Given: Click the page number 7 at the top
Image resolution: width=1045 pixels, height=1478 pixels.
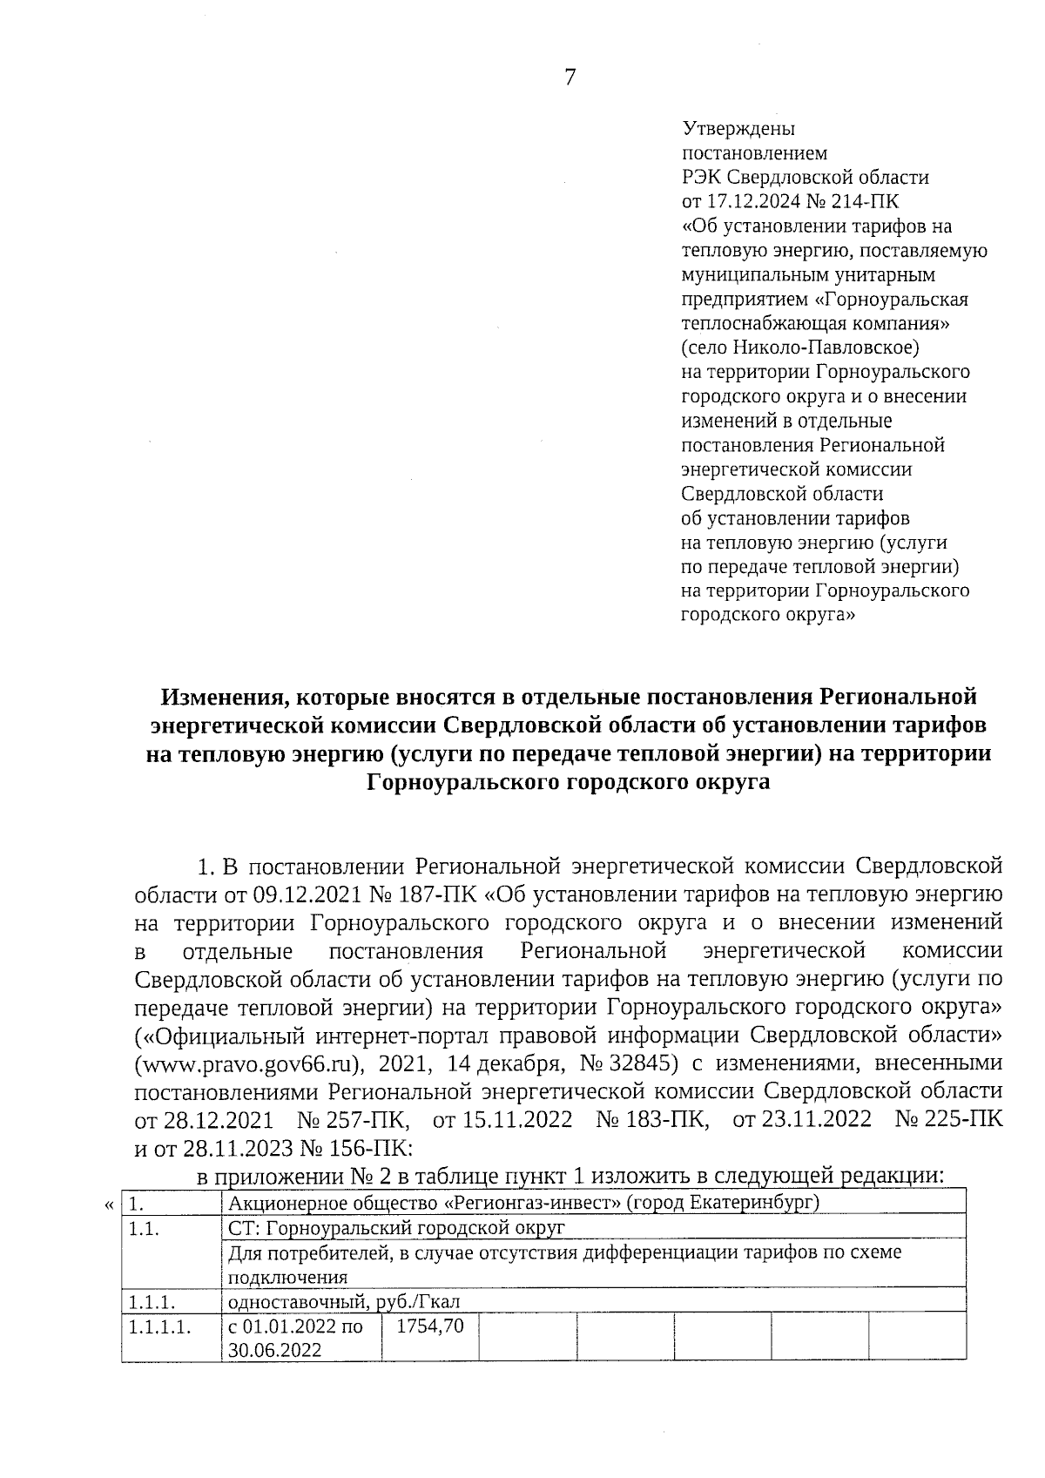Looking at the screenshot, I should (x=570, y=78).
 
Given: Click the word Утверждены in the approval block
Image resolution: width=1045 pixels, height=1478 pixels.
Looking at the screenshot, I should (x=737, y=129).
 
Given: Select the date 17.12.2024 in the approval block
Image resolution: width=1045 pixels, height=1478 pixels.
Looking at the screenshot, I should (x=748, y=202).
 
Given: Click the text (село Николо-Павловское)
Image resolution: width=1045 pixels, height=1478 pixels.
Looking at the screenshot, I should (x=799, y=348).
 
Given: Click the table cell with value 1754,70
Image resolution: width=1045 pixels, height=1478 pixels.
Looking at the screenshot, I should (x=429, y=1326).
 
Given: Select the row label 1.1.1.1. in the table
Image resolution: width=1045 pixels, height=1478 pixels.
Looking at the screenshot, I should (x=159, y=1327).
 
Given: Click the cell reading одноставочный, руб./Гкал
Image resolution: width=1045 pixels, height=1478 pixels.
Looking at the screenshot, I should (x=343, y=1303).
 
